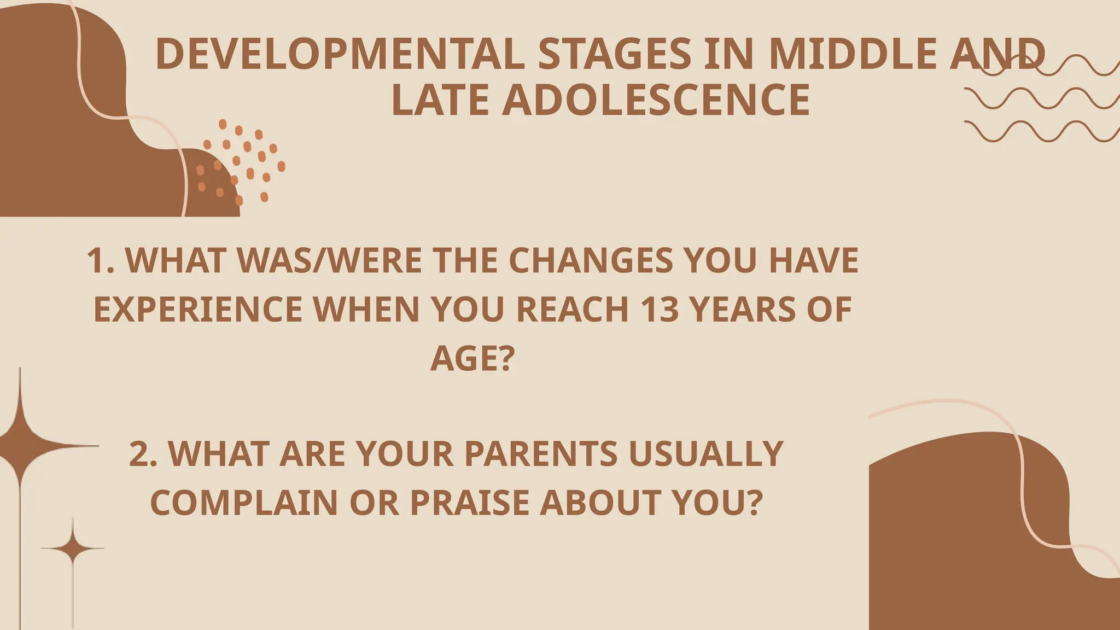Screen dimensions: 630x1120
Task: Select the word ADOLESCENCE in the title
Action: (x=656, y=100)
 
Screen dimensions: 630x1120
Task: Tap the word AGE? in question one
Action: (x=472, y=358)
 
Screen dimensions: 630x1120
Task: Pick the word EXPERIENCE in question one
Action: (x=197, y=309)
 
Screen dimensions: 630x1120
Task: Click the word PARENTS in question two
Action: (x=541, y=453)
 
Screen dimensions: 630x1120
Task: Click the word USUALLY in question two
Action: (x=706, y=453)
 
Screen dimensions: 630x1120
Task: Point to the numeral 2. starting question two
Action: (x=143, y=453)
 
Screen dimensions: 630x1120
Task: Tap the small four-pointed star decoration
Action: (x=73, y=547)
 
